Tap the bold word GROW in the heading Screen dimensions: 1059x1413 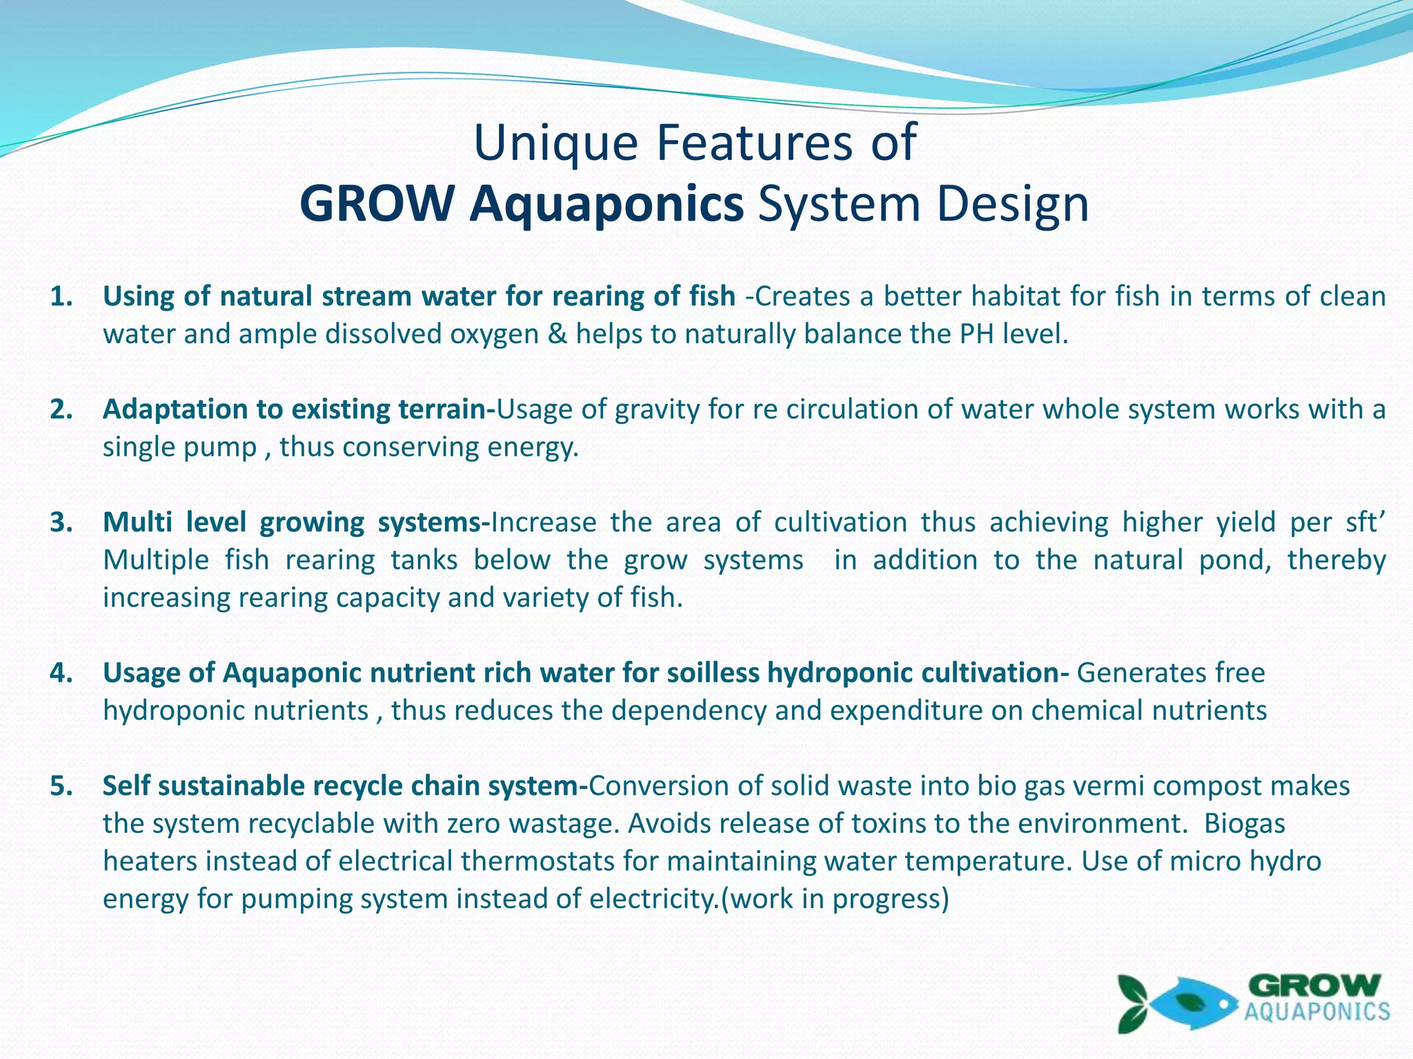pyautogui.click(x=377, y=205)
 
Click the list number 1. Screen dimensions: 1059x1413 pyautogui.click(x=61, y=296)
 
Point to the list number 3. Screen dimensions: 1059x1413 pyautogui.click(x=61, y=523)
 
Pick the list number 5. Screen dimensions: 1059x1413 pyautogui.click(x=61, y=786)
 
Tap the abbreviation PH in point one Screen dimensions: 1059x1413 pyautogui.click(x=977, y=334)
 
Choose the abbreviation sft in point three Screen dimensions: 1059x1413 pyautogui.click(x=1363, y=523)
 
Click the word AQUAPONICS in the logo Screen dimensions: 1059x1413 pyautogui.click(x=1316, y=1012)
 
